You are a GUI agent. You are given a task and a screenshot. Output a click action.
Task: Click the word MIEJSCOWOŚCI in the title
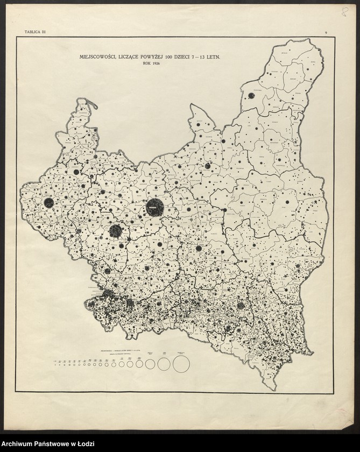(x=95, y=56)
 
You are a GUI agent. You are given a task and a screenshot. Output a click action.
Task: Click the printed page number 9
(x=326, y=33)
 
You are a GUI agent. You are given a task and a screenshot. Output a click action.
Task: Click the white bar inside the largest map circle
(x=153, y=207)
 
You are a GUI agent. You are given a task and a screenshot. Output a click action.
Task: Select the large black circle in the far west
(x=49, y=203)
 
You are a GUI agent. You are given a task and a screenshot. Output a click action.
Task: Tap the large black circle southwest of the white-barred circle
(x=115, y=231)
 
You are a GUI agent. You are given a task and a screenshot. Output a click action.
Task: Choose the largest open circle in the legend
(x=181, y=364)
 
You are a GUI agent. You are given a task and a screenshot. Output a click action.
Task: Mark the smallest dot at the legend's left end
(x=55, y=364)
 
